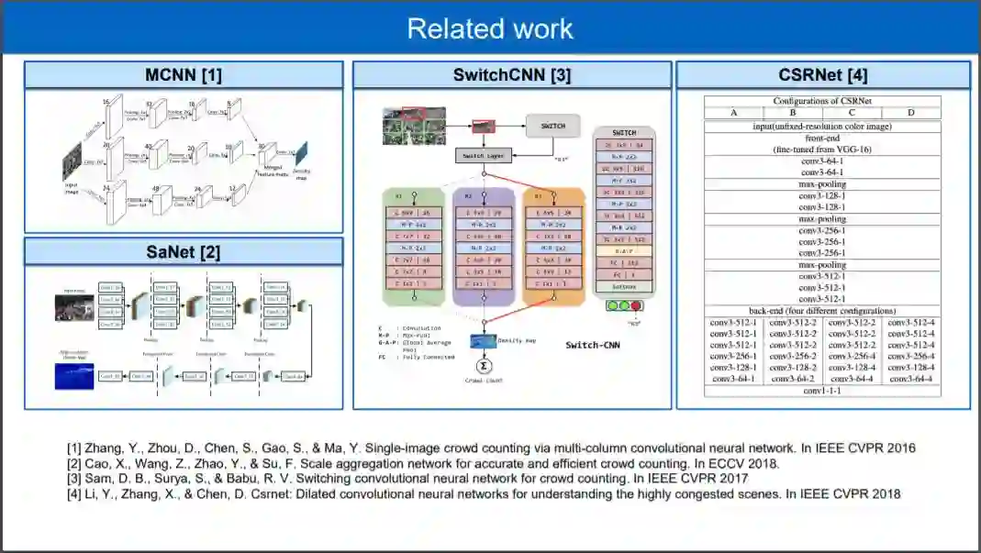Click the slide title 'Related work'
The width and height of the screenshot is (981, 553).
pos(490,28)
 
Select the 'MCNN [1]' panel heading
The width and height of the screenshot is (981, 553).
pos(184,75)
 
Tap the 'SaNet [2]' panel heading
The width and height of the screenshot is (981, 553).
pos(184,251)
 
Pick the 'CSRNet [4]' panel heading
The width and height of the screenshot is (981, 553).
pos(822,75)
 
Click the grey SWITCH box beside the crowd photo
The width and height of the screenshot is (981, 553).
pos(552,126)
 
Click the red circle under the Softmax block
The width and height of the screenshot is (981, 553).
pos(635,306)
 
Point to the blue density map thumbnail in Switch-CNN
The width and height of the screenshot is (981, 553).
pos(483,341)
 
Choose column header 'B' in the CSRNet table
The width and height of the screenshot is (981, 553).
pos(792,113)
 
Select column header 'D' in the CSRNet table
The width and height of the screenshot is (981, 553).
pos(910,113)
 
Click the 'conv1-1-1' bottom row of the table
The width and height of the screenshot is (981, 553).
pos(822,391)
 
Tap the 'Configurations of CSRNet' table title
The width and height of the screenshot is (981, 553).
pos(822,101)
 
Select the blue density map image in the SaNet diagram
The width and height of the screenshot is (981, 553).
pos(74,374)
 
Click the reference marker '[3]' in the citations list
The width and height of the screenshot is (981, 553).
pos(73,479)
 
